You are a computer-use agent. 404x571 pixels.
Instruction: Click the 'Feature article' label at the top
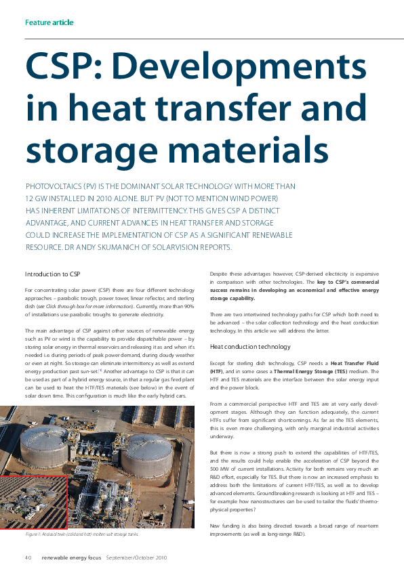click(49, 22)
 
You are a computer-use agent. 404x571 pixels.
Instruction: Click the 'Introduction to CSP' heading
click(52, 274)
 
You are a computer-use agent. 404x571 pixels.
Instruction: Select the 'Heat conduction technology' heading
click(250, 347)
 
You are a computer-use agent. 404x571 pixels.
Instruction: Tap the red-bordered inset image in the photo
click(33, 501)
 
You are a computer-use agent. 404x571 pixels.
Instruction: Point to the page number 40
click(28, 557)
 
